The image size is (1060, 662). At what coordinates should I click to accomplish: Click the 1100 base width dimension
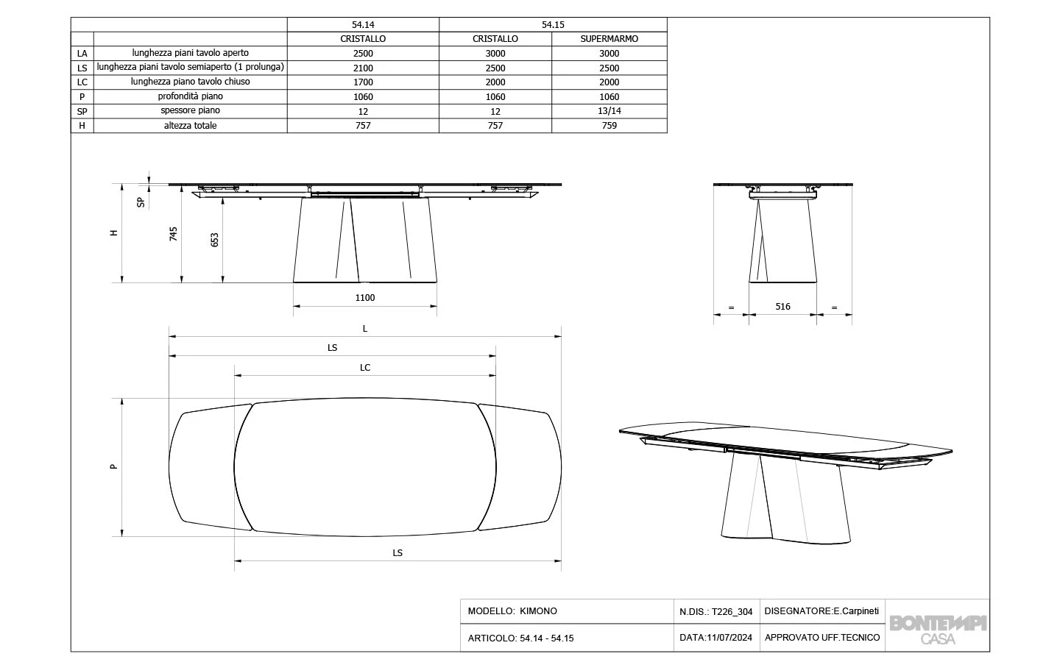point(365,297)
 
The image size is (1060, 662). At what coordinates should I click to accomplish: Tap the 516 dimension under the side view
point(782,307)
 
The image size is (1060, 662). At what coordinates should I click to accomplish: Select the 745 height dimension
point(173,234)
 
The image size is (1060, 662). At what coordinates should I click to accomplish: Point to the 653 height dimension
point(214,240)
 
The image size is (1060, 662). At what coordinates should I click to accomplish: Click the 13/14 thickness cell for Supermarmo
point(609,110)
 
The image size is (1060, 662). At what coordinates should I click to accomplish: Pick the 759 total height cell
point(609,125)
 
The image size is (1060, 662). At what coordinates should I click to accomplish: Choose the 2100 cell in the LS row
point(363,68)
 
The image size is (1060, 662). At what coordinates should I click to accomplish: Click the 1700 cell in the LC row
point(363,82)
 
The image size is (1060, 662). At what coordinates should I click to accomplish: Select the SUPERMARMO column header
point(609,39)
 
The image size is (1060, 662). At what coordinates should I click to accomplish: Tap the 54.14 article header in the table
point(363,24)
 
